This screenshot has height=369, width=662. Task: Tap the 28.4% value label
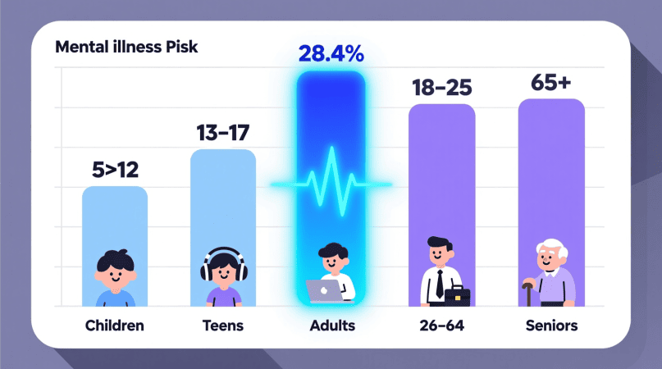click(331, 56)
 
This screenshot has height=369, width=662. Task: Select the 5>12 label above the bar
click(115, 170)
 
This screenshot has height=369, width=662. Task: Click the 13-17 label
click(222, 133)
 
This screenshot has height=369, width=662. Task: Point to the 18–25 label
click(441, 87)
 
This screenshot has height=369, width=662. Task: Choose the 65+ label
click(551, 83)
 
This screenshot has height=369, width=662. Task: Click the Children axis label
click(115, 326)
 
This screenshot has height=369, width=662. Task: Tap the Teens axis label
click(222, 326)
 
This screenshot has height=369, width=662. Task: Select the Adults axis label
click(332, 326)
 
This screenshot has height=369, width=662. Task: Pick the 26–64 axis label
click(441, 326)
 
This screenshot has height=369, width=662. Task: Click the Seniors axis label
click(551, 326)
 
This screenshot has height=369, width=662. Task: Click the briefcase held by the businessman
click(458, 295)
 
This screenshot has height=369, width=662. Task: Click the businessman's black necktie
click(440, 284)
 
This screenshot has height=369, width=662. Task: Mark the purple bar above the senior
click(551, 164)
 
